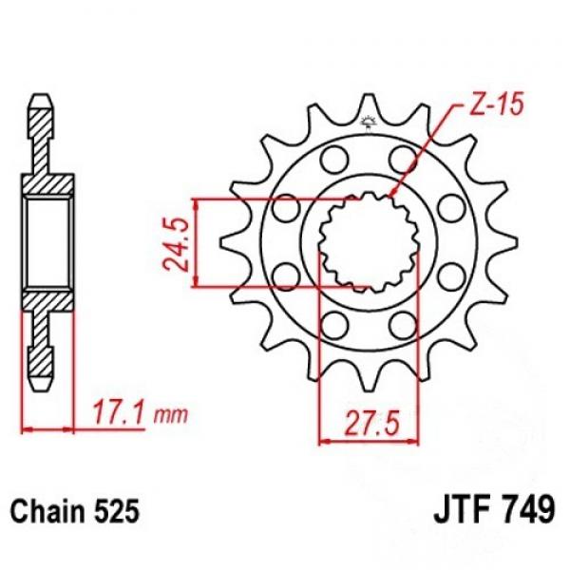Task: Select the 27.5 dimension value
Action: coord(371,424)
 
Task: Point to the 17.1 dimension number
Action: coord(120,413)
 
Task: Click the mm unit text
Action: coord(170,415)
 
